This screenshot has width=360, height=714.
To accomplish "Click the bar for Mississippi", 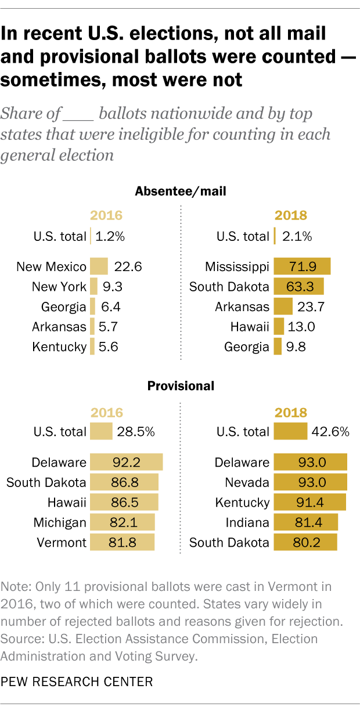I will point(302,267).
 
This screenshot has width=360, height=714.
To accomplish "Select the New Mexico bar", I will point(99,267).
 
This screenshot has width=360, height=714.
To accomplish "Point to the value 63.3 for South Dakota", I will point(298,287).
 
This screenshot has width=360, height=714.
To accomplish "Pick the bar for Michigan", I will point(122,523).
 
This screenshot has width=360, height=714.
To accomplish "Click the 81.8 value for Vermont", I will point(122,543).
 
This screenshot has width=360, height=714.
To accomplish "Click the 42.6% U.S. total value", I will point(330,432).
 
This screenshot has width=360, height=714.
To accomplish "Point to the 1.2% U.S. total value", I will point(111,236).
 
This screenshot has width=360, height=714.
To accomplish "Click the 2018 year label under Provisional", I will point(290,413).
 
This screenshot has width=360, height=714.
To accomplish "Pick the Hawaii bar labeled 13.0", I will point(279,327).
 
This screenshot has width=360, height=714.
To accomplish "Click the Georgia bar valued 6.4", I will point(92,307).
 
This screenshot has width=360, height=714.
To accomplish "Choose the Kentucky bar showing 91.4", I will point(309,503).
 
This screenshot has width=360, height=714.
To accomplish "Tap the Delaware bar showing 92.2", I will point(125,463).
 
